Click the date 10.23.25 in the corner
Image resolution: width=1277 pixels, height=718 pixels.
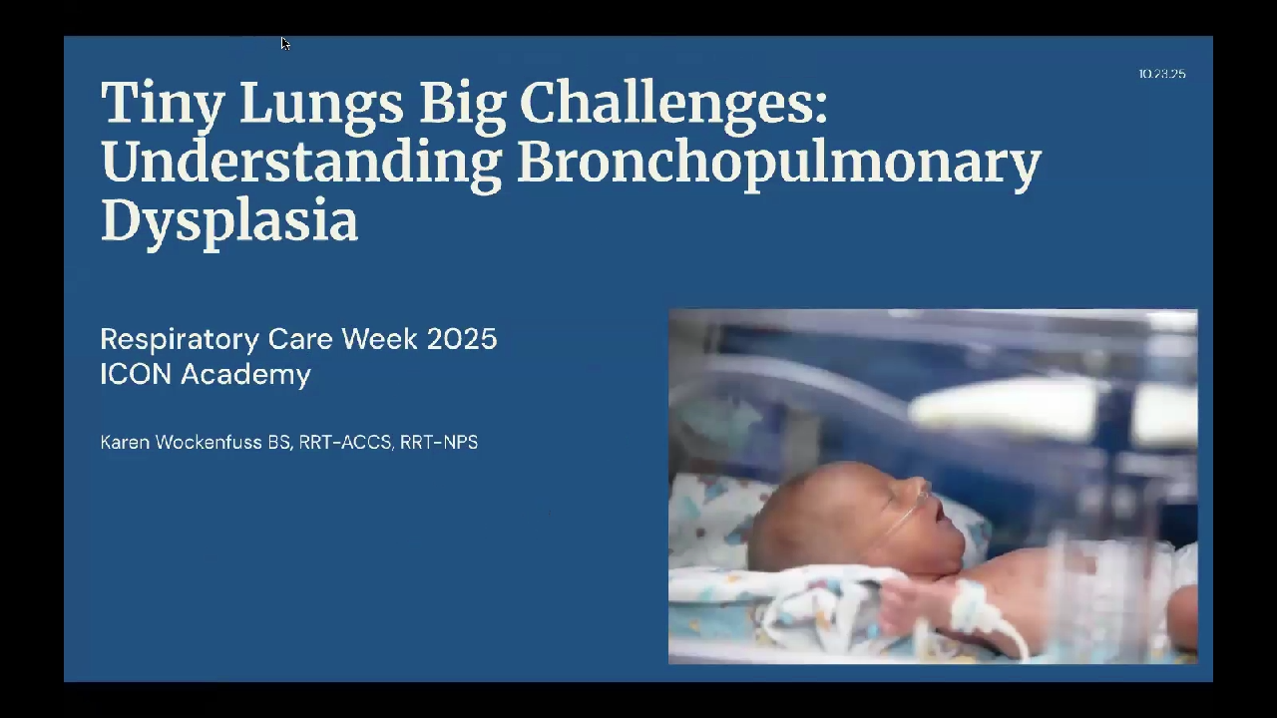[1162, 74]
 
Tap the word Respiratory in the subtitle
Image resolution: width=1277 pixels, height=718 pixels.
[180, 340]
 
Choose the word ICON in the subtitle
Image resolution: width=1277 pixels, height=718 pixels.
[136, 374]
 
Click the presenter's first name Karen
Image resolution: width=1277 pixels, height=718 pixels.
[125, 442]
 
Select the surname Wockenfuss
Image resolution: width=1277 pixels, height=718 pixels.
[209, 442]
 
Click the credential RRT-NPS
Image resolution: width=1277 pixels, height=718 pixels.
[438, 442]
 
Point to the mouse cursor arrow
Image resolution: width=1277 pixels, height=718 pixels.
[285, 43]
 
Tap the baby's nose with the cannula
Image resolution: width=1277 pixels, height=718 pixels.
[920, 489]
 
